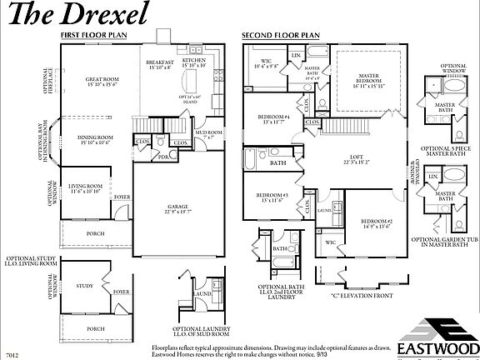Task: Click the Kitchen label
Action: tap(194, 62)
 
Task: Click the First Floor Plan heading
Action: tap(93, 36)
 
